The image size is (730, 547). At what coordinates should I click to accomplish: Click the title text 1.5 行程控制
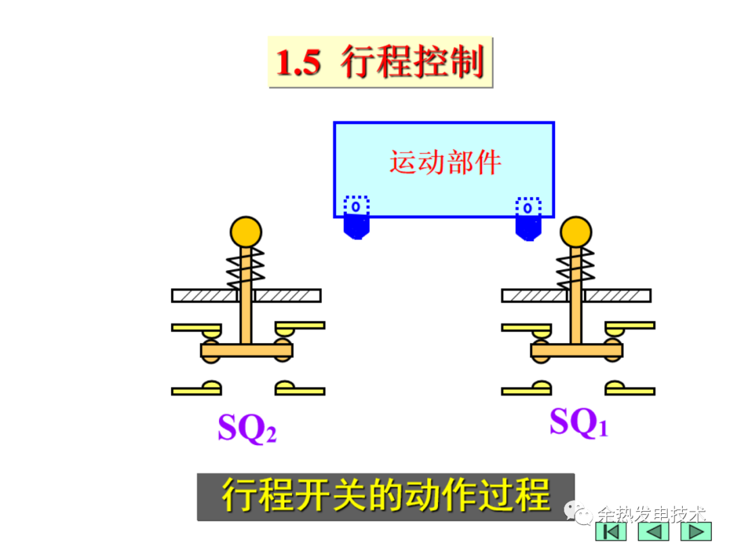tap(380, 63)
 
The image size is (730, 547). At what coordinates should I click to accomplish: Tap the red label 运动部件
tap(445, 163)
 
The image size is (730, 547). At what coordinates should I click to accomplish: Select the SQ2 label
tap(247, 427)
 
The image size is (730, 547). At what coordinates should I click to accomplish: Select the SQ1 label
tap(579, 423)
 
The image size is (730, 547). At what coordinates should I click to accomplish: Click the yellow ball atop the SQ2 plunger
tap(245, 231)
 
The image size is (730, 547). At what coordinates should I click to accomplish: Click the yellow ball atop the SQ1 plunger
tap(576, 231)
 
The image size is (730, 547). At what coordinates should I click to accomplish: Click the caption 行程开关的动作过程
tap(386, 496)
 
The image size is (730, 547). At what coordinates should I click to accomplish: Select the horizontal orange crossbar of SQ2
tap(247, 350)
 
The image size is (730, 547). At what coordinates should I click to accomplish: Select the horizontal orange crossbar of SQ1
tap(577, 350)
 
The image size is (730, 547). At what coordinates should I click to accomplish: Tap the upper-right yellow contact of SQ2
tap(298, 328)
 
